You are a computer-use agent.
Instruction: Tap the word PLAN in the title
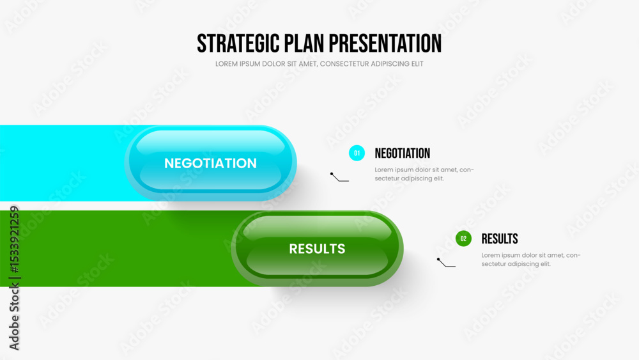click(x=304, y=43)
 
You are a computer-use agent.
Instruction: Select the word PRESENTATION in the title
click(x=385, y=43)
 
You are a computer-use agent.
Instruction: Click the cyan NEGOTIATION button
click(x=211, y=162)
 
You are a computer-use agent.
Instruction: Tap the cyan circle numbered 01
click(x=357, y=153)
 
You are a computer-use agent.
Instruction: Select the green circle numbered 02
click(x=463, y=239)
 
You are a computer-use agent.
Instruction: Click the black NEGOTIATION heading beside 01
click(x=402, y=153)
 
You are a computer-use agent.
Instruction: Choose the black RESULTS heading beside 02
click(x=500, y=239)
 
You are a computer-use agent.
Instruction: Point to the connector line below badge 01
click(x=339, y=178)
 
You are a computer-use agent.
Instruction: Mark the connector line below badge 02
click(x=446, y=263)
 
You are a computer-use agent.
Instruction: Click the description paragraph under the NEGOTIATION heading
click(x=424, y=174)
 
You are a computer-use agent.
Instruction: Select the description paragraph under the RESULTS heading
click(x=531, y=260)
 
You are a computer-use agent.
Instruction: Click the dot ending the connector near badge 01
click(x=332, y=174)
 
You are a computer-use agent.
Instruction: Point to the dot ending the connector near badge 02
click(x=438, y=259)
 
